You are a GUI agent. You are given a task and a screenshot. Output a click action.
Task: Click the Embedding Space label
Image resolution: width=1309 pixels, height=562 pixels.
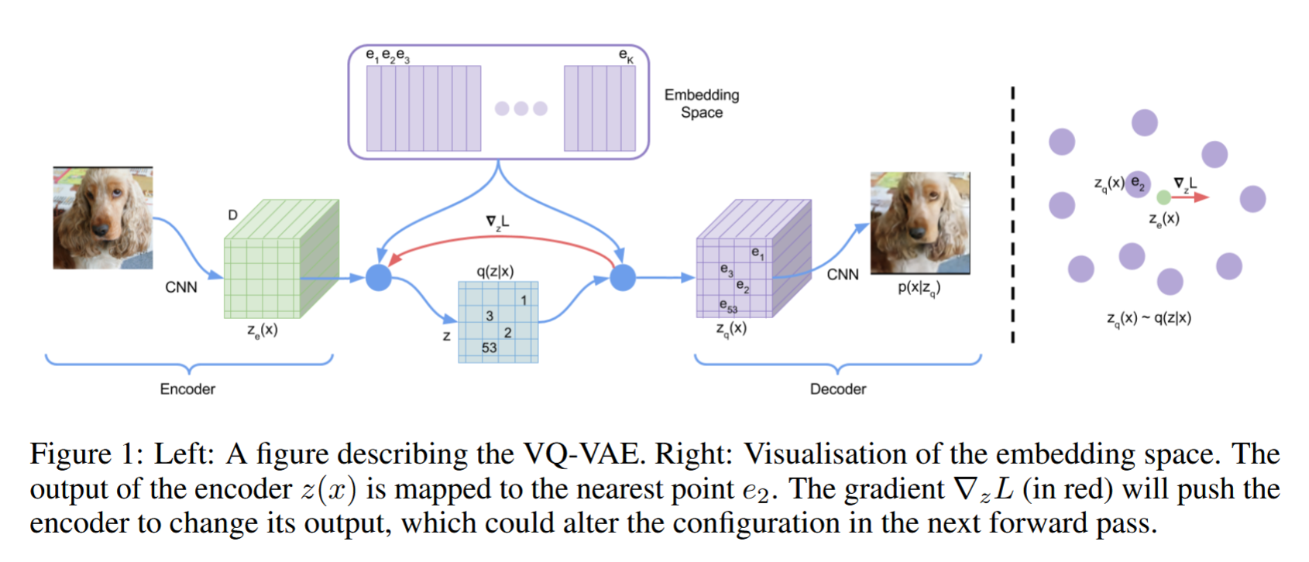[701, 104]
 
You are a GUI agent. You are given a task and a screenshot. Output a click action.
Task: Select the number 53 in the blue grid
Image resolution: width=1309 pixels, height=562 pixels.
[489, 348]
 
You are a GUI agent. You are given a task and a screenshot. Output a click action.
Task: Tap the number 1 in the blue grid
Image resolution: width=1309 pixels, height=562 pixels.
[524, 300]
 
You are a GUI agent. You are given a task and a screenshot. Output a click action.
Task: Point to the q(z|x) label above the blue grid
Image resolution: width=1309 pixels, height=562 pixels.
[495, 271]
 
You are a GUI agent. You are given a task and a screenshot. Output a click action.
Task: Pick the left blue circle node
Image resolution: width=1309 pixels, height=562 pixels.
[379, 277]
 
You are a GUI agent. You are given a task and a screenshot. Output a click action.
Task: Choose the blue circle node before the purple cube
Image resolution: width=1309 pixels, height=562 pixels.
[623, 277]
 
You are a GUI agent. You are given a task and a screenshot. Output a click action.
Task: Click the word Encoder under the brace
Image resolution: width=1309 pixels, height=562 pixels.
[187, 389]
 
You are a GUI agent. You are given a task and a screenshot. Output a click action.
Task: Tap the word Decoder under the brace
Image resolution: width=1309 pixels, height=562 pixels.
[837, 389]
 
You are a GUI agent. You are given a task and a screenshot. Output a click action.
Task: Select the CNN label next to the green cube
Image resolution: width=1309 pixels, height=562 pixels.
[181, 287]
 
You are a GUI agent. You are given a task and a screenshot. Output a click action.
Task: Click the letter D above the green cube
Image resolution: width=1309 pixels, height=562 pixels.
[232, 214]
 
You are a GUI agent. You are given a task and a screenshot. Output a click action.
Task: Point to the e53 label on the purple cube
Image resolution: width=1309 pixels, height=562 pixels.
[728, 306]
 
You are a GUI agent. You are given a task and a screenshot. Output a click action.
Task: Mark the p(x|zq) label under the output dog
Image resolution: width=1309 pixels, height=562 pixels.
[919, 288]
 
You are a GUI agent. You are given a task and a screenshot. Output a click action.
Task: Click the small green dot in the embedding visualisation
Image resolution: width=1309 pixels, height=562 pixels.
[1163, 197]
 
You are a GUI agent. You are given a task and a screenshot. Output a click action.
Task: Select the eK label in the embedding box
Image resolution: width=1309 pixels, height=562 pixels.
[626, 56]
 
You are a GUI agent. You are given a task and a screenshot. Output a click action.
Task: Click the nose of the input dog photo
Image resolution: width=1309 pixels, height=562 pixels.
[101, 228]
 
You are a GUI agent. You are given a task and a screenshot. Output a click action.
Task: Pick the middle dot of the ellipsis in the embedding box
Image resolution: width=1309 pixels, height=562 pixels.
[521, 108]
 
